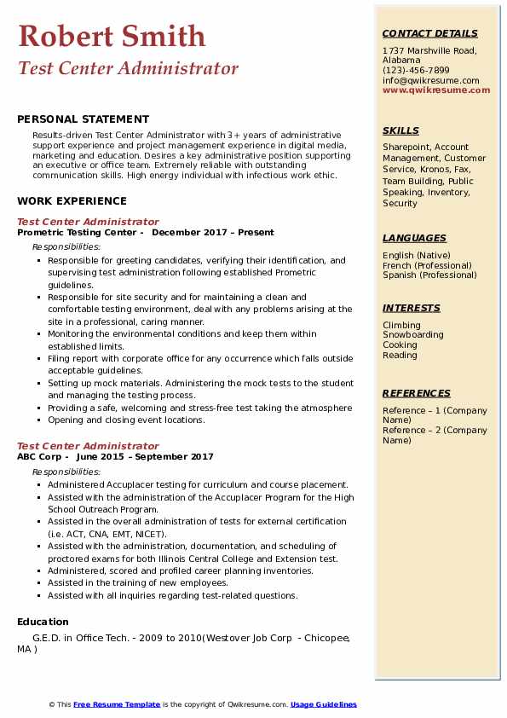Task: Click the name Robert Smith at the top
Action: coord(112,36)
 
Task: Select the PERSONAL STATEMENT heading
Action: coord(83,119)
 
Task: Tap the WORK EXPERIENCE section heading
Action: coord(72,201)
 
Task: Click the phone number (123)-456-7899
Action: coord(416,71)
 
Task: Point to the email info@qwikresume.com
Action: coord(430,81)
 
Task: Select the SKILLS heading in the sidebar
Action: coord(400,131)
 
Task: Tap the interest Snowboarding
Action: coord(412,335)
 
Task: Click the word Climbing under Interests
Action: coord(401,325)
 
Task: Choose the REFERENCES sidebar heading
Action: coord(417,394)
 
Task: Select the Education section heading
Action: coord(43,622)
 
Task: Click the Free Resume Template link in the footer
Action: coord(117,704)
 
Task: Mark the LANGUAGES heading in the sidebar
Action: coord(414,239)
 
